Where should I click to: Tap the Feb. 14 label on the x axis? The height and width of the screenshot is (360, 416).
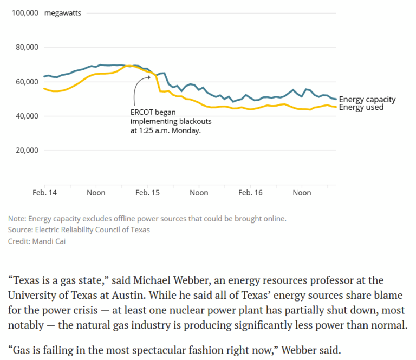pos(45,193)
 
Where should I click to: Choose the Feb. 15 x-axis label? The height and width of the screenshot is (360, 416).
pos(147,193)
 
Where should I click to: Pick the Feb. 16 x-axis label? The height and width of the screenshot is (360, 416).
pos(250,193)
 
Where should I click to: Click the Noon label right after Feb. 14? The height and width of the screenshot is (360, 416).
pos(96,193)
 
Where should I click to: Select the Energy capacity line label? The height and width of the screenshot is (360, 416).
pos(367,100)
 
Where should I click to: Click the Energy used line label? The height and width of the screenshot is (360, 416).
pos(361,107)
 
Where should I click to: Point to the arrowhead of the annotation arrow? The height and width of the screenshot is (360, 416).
pos(149,77)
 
